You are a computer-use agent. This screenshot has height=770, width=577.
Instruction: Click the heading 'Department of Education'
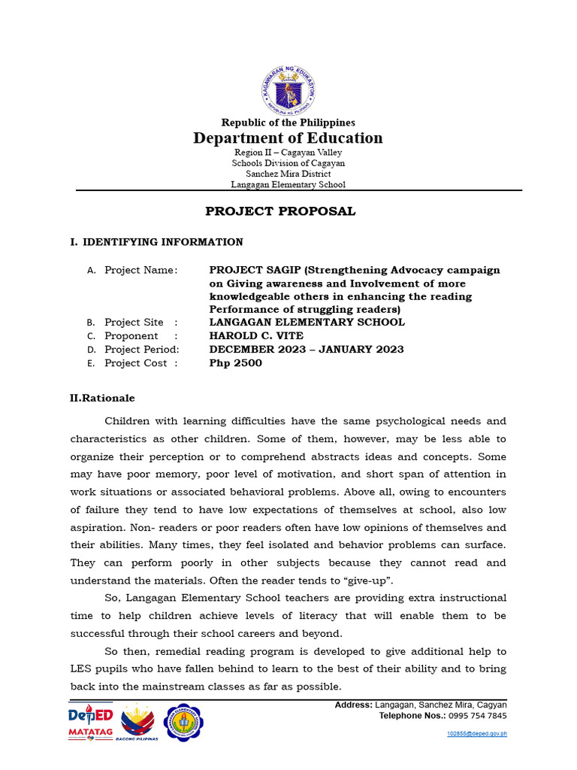(288, 138)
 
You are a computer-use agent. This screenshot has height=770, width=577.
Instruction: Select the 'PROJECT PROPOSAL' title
(280, 211)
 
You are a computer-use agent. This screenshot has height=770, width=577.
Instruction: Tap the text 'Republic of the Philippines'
(288, 123)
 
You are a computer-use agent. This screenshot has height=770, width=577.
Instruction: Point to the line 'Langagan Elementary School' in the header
(288, 185)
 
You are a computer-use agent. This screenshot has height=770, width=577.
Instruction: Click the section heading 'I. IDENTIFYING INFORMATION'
(156, 242)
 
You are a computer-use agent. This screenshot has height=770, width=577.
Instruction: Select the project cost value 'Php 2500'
(235, 363)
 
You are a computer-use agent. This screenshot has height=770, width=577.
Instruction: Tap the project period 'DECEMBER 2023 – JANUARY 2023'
(306, 350)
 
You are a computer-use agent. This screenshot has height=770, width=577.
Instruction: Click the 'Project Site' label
(134, 323)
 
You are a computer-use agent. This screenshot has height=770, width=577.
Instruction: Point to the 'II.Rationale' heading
(102, 399)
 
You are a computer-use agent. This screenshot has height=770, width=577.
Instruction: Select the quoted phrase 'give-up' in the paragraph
(371, 581)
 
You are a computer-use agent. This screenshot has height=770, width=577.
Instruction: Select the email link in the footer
(476, 734)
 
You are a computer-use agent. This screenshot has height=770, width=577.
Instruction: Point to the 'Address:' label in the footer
(352, 705)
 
